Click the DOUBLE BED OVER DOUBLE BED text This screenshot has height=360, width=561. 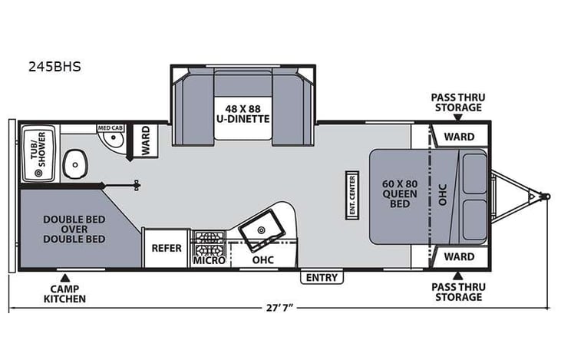(74, 228)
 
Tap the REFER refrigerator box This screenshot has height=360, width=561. (166, 248)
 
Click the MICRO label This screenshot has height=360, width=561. (209, 261)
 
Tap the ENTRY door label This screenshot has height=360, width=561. (321, 276)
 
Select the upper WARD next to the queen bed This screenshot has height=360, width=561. (460, 137)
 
